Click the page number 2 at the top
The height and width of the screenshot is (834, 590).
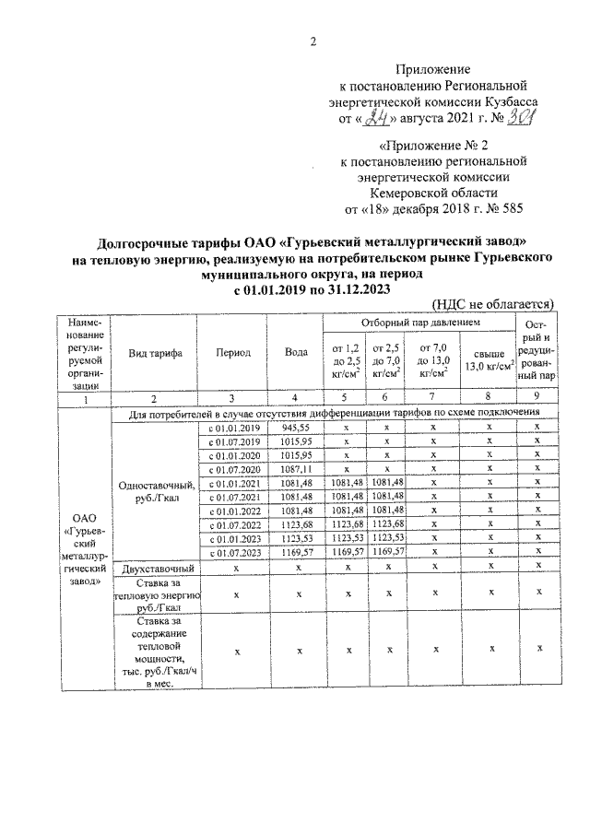click(x=313, y=41)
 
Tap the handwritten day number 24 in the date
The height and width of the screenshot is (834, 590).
click(x=375, y=118)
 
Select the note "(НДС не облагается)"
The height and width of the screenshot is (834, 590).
click(x=492, y=303)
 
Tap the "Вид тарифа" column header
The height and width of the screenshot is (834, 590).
click(x=155, y=352)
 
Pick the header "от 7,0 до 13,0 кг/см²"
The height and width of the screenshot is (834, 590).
click(x=433, y=359)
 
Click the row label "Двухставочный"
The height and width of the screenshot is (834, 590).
click(x=155, y=568)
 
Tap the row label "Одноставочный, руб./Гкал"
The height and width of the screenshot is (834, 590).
click(x=155, y=490)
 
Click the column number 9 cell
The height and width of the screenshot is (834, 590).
click(x=537, y=397)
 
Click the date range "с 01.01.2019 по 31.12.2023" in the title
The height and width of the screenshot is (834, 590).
click(x=313, y=288)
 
